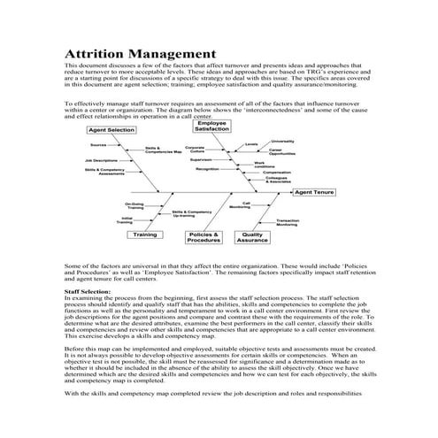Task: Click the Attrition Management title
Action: pos(141,55)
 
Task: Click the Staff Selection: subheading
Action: pos(88,290)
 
